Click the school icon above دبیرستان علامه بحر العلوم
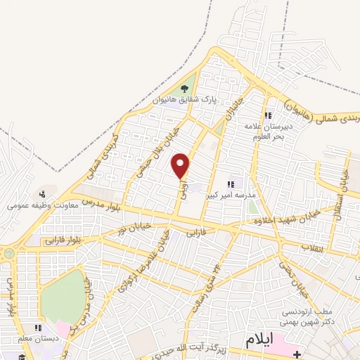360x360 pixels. [x=267, y=116]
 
